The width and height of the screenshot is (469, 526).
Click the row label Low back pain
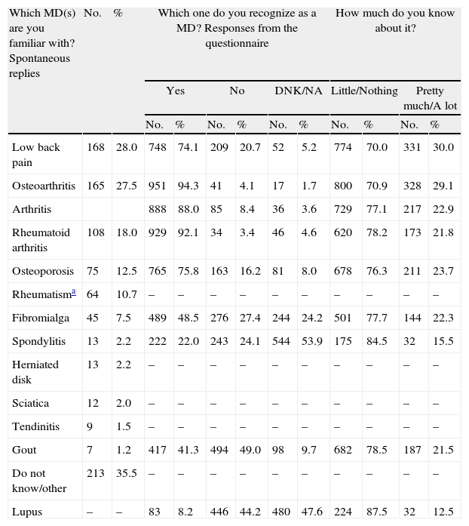(x=35, y=154)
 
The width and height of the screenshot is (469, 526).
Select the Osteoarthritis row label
(x=43, y=186)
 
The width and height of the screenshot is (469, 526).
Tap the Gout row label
(x=23, y=450)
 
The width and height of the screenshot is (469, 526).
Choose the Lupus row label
(x=26, y=512)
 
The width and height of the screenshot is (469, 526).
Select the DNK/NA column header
(x=298, y=91)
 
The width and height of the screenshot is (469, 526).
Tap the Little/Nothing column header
(x=364, y=91)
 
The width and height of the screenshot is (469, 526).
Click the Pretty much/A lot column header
(x=430, y=97)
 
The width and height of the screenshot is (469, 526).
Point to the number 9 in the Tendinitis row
(x=87, y=426)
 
